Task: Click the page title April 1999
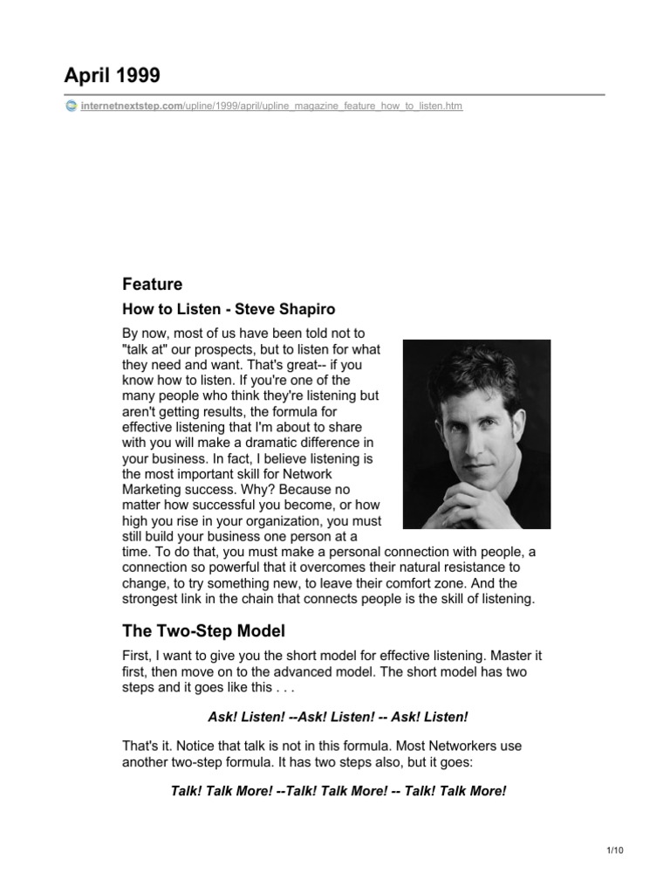[x=112, y=76]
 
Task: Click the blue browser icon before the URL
[x=70, y=107]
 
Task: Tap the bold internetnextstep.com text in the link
[x=130, y=107]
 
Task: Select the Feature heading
[x=153, y=284]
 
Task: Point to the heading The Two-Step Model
[x=204, y=630]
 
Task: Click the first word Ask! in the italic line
[x=223, y=717]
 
